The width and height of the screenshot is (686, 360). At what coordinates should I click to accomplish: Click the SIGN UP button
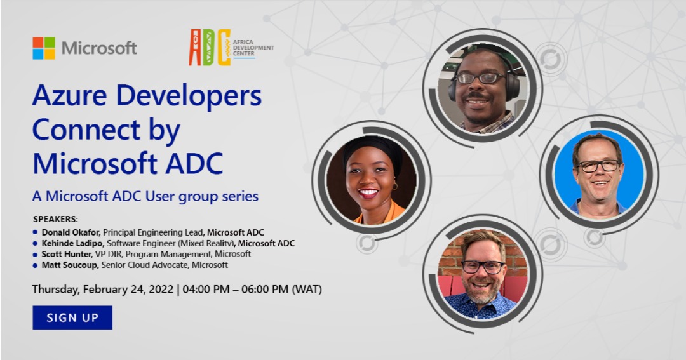pos(72,317)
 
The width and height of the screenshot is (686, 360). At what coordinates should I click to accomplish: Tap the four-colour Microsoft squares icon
pos(44,48)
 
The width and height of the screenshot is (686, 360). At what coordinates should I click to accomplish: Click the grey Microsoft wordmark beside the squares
pos(99,48)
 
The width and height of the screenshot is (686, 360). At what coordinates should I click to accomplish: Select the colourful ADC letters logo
pos(209,48)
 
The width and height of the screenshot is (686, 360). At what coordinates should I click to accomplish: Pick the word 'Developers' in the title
pos(190,96)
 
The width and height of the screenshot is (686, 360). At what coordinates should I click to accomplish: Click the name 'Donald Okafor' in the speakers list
pos(68,232)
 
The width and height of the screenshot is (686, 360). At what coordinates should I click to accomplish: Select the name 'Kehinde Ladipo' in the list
pos(72,243)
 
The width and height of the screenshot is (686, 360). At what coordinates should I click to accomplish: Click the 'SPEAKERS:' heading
pos(55,219)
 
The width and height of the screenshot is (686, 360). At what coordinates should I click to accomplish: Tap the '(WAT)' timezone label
pos(306,290)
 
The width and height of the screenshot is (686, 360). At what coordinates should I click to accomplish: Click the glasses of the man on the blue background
pos(598,166)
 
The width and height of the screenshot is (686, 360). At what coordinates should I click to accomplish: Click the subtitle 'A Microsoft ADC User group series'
pos(145,196)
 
